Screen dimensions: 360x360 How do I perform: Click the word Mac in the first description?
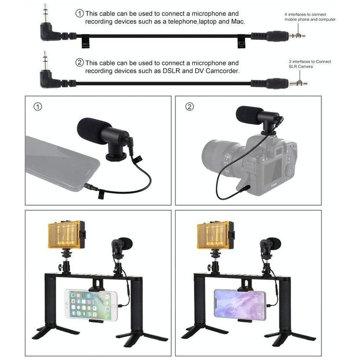[238, 22]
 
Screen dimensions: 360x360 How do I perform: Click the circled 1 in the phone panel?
[37, 107]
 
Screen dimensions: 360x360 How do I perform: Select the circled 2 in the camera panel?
[189, 107]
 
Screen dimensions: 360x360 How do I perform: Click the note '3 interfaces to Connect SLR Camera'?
[310, 64]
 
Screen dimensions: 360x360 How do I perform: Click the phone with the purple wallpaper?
[240, 304]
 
